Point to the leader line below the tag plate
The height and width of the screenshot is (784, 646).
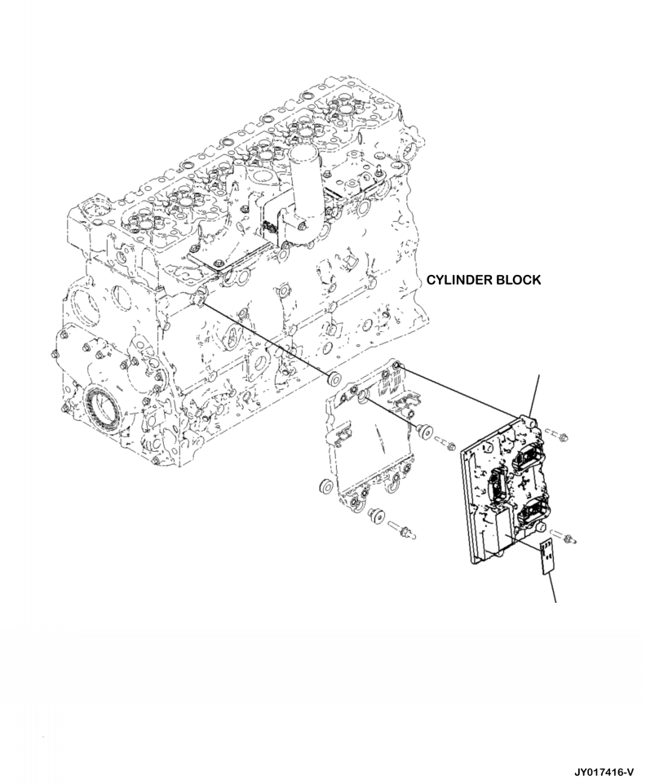tap(554, 587)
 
